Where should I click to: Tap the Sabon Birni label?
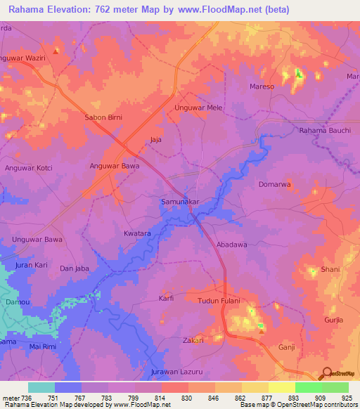coord(104,117)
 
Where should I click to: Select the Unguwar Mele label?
coord(198,108)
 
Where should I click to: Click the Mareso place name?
coord(262,87)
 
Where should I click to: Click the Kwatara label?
coord(137,233)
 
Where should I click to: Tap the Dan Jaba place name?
coord(75,268)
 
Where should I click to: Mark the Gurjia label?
coord(333,320)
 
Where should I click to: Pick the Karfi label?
coord(166,299)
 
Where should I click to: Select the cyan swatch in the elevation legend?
coord(41,387)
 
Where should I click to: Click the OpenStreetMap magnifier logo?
coord(326,373)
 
